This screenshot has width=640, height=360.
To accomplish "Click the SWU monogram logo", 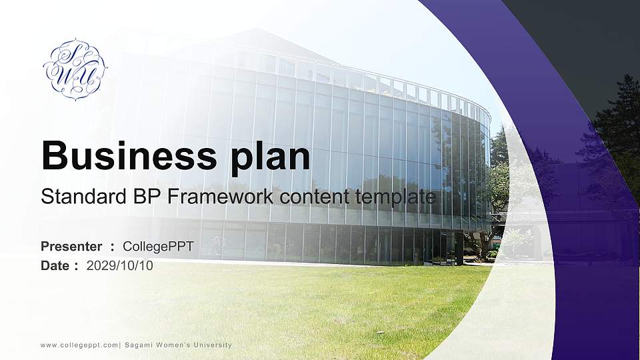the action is (x=75, y=69).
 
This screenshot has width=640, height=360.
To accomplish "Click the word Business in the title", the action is (x=129, y=155).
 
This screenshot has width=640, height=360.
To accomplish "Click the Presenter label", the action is (x=71, y=247).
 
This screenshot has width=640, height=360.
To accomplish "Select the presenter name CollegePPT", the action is (x=159, y=247).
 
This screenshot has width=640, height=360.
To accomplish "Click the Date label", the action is (x=55, y=266).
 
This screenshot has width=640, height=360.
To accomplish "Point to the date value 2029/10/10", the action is (x=119, y=266).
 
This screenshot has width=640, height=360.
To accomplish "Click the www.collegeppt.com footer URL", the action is (x=79, y=345).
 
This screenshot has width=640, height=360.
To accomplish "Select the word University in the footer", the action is (x=213, y=345).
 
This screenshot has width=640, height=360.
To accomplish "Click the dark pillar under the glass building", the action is (x=459, y=249).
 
